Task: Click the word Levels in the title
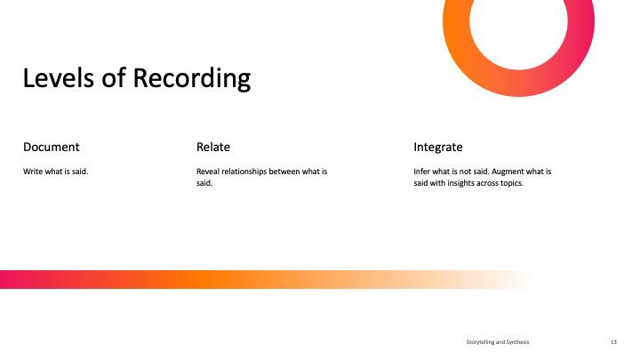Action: [59, 77]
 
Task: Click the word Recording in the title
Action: [192, 78]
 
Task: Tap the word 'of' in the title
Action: [114, 77]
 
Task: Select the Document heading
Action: [51, 147]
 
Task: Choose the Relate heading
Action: [213, 147]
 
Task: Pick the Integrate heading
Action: [438, 148]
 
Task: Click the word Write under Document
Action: [33, 172]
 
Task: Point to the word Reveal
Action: [208, 172]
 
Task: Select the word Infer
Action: [421, 172]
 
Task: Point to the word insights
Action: [460, 183]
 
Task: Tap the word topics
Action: [512, 183]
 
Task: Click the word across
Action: [487, 183]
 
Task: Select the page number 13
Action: [613, 342]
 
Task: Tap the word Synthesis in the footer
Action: [517, 342]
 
